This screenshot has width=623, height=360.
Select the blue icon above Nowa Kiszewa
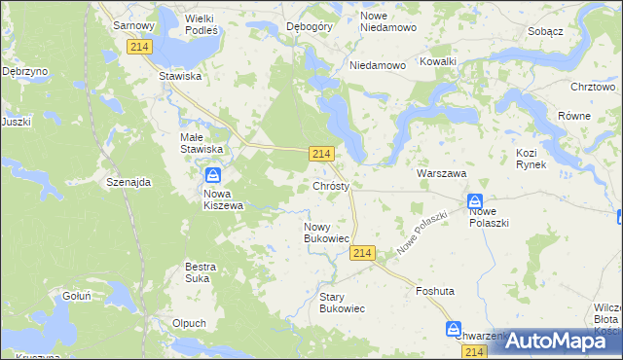(213, 176)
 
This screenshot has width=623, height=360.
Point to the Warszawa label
(442, 172)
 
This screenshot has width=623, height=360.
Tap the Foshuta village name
(435, 291)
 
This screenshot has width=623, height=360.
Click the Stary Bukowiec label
(342, 302)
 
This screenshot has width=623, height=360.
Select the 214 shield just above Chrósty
(323, 154)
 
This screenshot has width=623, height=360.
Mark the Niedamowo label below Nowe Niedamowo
(378, 66)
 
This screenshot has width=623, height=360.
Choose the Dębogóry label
(311, 26)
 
